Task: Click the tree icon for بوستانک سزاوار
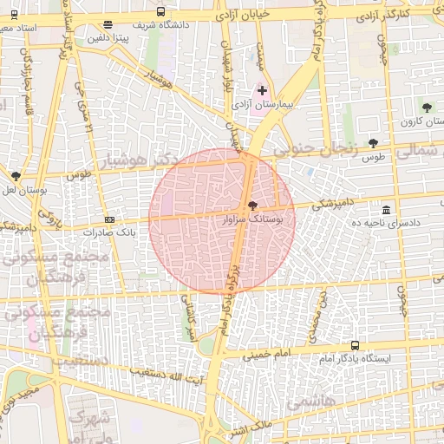(252, 206)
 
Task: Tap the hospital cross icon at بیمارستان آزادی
(263, 90)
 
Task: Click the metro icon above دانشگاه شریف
(161, 11)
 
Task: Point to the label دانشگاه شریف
(160, 24)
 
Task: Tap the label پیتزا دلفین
(107, 39)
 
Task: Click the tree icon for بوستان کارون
(426, 108)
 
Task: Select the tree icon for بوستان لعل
(16, 176)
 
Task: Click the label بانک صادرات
(109, 233)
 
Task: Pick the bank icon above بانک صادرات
(109, 220)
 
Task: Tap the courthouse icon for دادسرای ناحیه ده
(386, 210)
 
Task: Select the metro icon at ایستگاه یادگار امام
(355, 345)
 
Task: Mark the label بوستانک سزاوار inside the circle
(252, 221)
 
